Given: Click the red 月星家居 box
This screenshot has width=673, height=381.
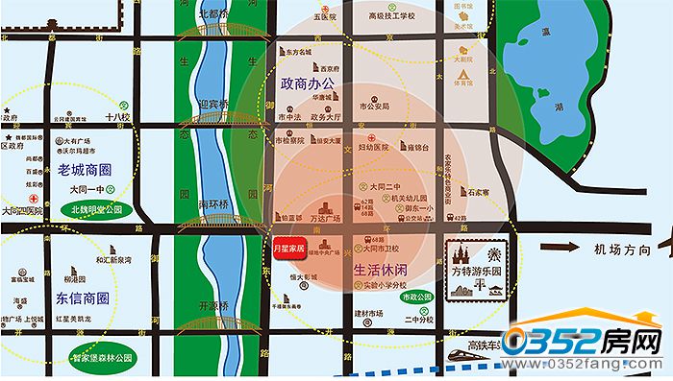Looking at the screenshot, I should click(x=289, y=247).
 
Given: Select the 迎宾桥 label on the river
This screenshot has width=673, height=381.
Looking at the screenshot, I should click(x=212, y=105).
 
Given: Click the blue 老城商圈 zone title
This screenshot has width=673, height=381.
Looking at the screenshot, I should click(x=86, y=171).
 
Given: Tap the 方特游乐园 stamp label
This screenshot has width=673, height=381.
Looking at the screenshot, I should click(x=479, y=271).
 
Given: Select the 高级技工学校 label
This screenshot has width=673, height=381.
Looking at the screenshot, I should click(x=392, y=16).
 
